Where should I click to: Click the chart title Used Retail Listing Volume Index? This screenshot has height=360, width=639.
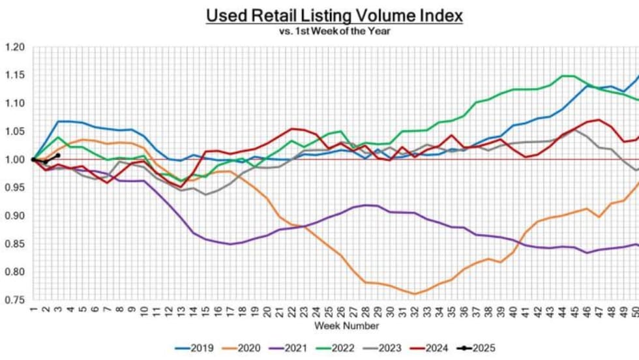click(334, 16)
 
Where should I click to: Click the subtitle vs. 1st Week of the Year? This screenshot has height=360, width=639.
click(334, 31)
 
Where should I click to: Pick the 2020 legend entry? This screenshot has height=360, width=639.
click(243, 349)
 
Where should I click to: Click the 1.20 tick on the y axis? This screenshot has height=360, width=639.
click(14, 47)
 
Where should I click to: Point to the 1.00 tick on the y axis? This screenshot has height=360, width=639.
click(14, 160)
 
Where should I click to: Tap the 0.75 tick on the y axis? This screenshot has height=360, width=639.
click(14, 300)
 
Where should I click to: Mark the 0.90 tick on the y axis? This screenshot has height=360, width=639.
click(14, 216)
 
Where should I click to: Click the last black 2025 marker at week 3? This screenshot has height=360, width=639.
click(58, 155)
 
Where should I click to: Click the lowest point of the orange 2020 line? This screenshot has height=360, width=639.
click(415, 293)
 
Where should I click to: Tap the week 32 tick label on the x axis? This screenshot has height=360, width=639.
click(415, 311)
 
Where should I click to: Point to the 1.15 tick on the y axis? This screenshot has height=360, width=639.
click(14, 75)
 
